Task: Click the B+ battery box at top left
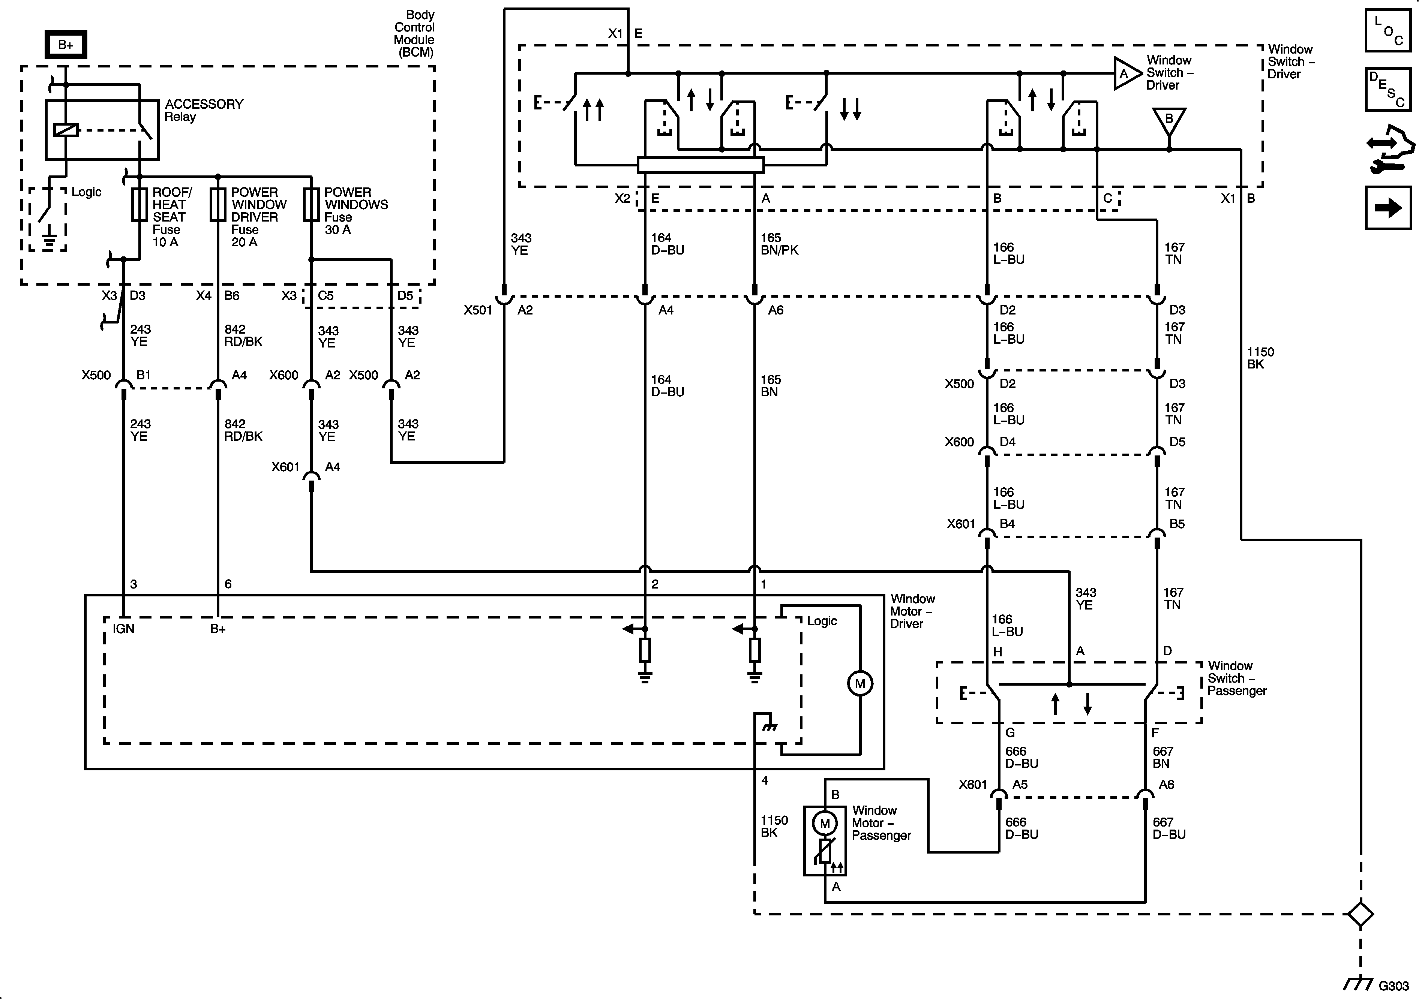click(66, 45)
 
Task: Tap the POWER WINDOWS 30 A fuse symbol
click(311, 205)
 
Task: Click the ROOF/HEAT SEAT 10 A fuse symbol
click(139, 205)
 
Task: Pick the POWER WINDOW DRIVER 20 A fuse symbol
click(217, 205)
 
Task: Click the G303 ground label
click(1393, 986)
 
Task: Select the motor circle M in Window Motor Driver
click(859, 683)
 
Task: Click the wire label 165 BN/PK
click(779, 244)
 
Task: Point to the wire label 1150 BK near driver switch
click(1260, 358)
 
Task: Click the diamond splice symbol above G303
click(1360, 914)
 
